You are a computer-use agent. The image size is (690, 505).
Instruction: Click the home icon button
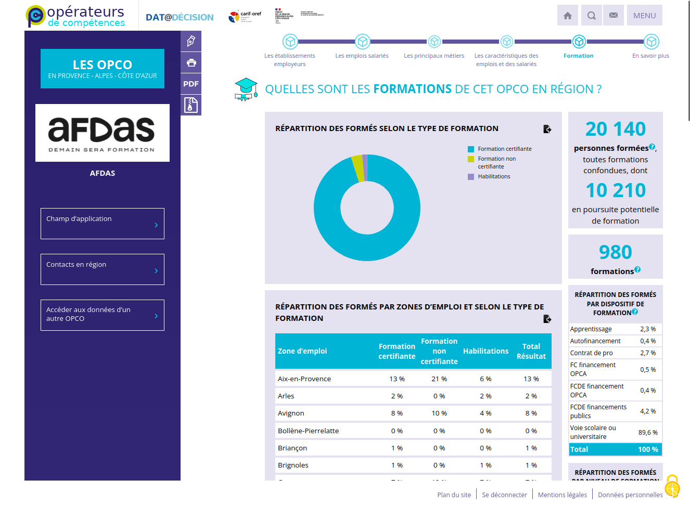tap(568, 16)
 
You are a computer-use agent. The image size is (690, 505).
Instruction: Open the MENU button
tap(644, 16)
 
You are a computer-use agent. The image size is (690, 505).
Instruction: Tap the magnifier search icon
tap(591, 16)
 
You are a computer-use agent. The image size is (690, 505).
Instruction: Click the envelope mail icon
tap(614, 16)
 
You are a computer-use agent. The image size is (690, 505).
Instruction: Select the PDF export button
tap(191, 84)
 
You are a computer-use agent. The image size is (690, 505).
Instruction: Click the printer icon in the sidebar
tap(191, 63)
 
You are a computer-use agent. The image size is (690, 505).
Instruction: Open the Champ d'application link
tap(103, 224)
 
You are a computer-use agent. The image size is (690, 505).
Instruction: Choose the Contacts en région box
tap(103, 269)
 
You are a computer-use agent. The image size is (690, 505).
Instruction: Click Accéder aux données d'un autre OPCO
tap(103, 315)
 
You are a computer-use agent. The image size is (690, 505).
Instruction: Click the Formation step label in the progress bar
tap(578, 56)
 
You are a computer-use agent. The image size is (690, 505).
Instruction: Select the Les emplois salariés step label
tap(362, 56)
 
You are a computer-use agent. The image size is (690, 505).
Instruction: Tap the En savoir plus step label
tap(650, 56)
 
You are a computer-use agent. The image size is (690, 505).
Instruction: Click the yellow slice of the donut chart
tap(357, 168)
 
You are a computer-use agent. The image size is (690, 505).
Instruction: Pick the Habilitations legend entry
tap(494, 177)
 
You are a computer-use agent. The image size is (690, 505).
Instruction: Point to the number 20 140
tap(615, 129)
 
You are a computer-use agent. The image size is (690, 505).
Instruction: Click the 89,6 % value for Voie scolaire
tap(648, 433)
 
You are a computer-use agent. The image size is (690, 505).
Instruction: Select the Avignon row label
tap(291, 413)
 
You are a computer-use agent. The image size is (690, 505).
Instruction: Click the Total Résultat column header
tap(531, 351)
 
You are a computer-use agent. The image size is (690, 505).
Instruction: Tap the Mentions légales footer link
tap(562, 495)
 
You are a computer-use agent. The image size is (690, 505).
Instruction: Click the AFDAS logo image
tap(103, 133)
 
